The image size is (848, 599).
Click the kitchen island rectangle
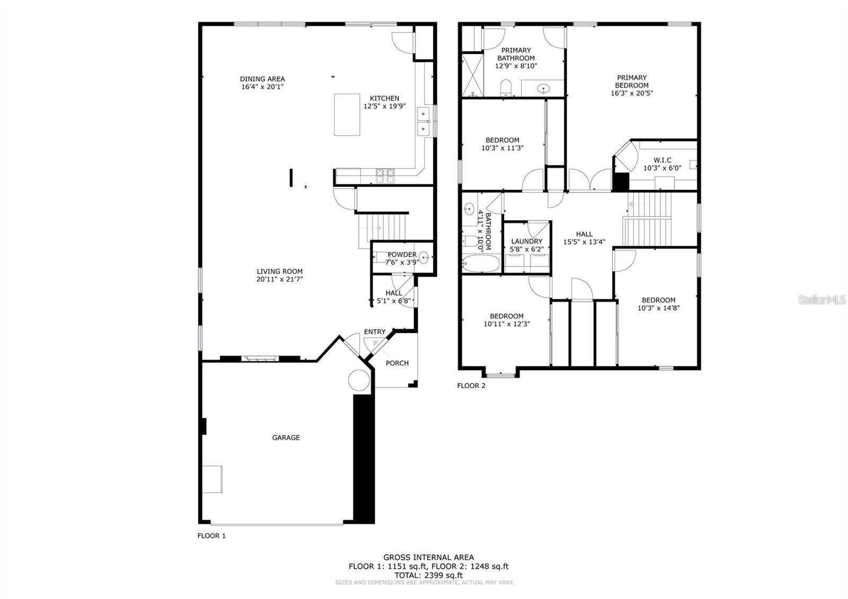347,114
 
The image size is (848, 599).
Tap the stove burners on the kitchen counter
385,176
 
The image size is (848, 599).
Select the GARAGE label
286,437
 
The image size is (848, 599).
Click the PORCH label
397,363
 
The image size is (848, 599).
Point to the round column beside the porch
358,380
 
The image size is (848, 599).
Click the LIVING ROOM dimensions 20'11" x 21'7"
279,279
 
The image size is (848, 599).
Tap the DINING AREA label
262,79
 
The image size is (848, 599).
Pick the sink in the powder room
423,258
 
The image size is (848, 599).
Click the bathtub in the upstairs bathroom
480,263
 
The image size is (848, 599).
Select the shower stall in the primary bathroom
473,75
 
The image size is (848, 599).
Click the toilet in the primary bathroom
506,88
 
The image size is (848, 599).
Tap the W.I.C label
662,160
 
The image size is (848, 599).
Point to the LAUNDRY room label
527,241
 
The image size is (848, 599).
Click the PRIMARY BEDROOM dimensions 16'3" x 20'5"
631,93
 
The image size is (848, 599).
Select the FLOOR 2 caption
471,385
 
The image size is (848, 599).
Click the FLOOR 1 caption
211,535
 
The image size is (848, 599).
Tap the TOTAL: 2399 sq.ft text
429,575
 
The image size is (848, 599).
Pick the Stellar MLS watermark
821,300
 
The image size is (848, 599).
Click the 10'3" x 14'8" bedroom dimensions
658,308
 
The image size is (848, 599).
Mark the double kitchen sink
423,121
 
